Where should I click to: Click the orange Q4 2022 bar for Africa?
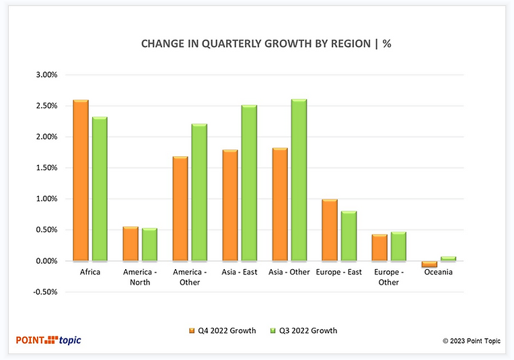[81, 180]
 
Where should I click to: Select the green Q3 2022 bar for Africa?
[100, 189]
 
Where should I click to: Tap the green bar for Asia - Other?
[299, 180]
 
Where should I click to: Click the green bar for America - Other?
[199, 192]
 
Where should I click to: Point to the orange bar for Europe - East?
[329, 230]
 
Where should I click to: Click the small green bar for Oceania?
[448, 258]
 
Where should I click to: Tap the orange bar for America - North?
[131, 244]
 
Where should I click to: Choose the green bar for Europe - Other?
[398, 246]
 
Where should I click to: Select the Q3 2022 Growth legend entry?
[303, 330]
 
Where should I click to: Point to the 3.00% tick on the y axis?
[46, 75]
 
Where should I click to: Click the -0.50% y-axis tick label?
[45, 292]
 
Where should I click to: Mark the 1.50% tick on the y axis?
[46, 168]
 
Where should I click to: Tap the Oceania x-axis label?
[439, 273]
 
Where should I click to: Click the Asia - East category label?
[240, 273]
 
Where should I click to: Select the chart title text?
[266, 44]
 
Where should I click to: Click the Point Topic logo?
[48, 340]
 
